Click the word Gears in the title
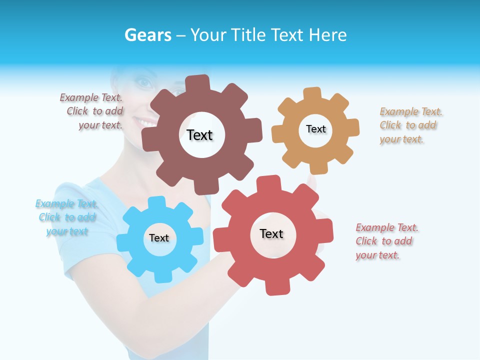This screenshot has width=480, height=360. pyautogui.click(x=148, y=35)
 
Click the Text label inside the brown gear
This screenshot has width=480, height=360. pyautogui.click(x=199, y=135)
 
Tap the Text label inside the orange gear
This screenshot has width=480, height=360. pyautogui.click(x=315, y=129)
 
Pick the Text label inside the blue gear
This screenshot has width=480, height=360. pyautogui.click(x=159, y=238)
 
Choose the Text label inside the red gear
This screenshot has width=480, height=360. pyautogui.click(x=271, y=233)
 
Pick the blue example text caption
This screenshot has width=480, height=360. pyautogui.click(x=66, y=217)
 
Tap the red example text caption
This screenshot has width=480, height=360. pyautogui.click(x=385, y=241)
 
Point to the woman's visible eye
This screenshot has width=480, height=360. pyautogui.click(x=143, y=83)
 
